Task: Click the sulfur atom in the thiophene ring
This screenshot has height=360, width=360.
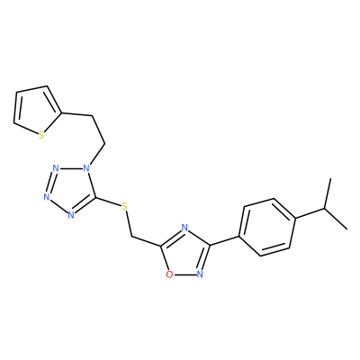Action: tap(41, 136)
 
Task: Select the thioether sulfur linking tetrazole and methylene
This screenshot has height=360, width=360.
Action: tap(125, 206)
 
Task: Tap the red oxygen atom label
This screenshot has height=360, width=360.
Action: tap(169, 274)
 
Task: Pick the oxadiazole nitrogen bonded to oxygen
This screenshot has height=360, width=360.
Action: tap(200, 274)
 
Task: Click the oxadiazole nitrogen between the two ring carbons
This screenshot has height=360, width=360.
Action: tap(184, 227)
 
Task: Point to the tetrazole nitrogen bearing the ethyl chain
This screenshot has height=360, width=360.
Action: tap(86, 167)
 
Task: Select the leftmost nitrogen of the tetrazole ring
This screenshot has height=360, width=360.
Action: tap(46, 197)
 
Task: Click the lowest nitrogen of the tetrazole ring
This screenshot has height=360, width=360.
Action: tap(71, 215)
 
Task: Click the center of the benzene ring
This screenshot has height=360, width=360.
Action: tap(267, 227)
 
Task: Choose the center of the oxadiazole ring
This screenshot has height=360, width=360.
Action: tap(185, 254)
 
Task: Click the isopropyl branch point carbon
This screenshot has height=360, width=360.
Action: tap(325, 208)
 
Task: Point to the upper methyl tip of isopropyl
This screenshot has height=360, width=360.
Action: tap(330, 179)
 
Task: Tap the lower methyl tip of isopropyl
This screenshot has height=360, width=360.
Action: tap(347, 229)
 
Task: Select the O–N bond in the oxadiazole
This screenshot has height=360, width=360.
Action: tap(184, 274)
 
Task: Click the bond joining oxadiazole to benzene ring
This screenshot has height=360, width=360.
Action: tap(225, 241)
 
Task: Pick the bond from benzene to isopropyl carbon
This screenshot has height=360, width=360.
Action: tap(310, 212)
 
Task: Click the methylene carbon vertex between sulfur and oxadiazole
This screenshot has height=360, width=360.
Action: tap(132, 236)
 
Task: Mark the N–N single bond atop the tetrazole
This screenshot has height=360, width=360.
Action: tap(71, 168)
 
